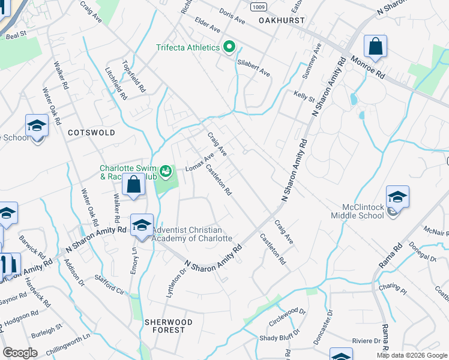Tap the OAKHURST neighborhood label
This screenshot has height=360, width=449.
[x=282, y=20]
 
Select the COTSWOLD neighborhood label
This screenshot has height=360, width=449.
[x=91, y=133]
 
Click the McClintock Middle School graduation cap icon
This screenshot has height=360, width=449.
[x=397, y=196]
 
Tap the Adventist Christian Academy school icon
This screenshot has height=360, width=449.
[x=142, y=225]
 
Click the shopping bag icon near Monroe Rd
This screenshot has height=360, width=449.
[x=375, y=46]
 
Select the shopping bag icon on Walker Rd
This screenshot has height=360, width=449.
[x=133, y=185]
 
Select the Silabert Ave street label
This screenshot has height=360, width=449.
[x=254, y=67]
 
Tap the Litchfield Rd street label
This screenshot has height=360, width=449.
[x=116, y=83]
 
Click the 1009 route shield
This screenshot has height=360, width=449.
[x=259, y=7]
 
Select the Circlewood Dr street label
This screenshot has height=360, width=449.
[x=288, y=318]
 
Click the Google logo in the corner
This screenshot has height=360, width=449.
[x=20, y=353]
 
